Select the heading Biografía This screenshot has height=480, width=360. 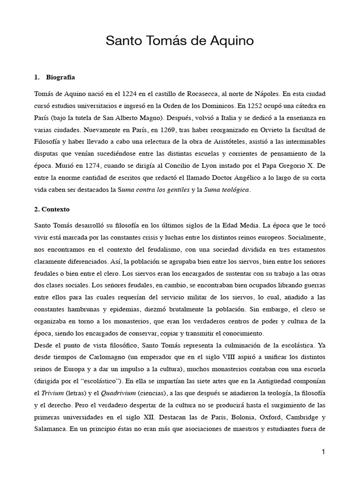[x=61, y=77]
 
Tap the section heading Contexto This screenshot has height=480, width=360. [x=55, y=209]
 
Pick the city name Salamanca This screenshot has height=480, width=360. [x=51, y=431]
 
